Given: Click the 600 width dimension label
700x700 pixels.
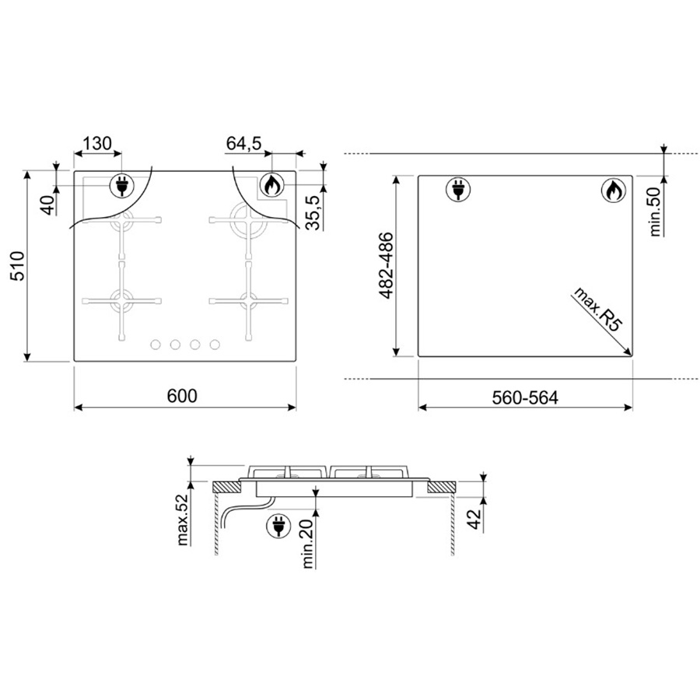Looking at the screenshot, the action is (x=182, y=396).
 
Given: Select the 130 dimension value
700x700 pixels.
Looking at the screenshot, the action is (x=97, y=143).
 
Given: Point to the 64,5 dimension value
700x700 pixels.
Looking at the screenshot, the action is (x=243, y=143).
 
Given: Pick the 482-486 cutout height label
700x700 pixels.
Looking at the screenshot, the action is (x=386, y=265).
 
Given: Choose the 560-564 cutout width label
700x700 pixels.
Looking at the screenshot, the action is (x=525, y=397).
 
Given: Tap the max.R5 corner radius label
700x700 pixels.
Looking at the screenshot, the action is (x=598, y=309).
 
